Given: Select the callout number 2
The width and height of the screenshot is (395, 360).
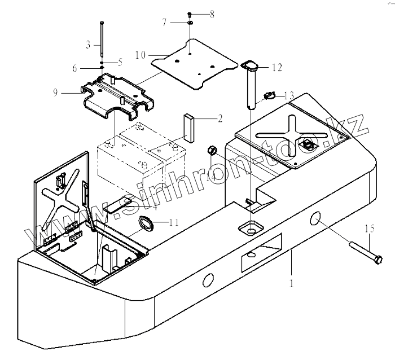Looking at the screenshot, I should click(x=220, y=119).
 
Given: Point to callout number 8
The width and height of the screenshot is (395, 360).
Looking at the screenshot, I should click(x=212, y=15).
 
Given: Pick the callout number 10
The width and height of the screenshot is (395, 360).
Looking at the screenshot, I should click(x=141, y=55).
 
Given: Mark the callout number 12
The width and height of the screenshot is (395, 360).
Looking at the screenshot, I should click(x=276, y=68).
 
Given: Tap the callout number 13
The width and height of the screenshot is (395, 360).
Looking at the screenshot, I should click(x=288, y=94).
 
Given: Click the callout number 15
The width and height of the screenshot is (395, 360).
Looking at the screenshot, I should click(x=370, y=229).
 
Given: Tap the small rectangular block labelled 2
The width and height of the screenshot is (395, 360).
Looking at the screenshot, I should click(x=188, y=128).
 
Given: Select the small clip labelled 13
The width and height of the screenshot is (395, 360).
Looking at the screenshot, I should click(x=269, y=96).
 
